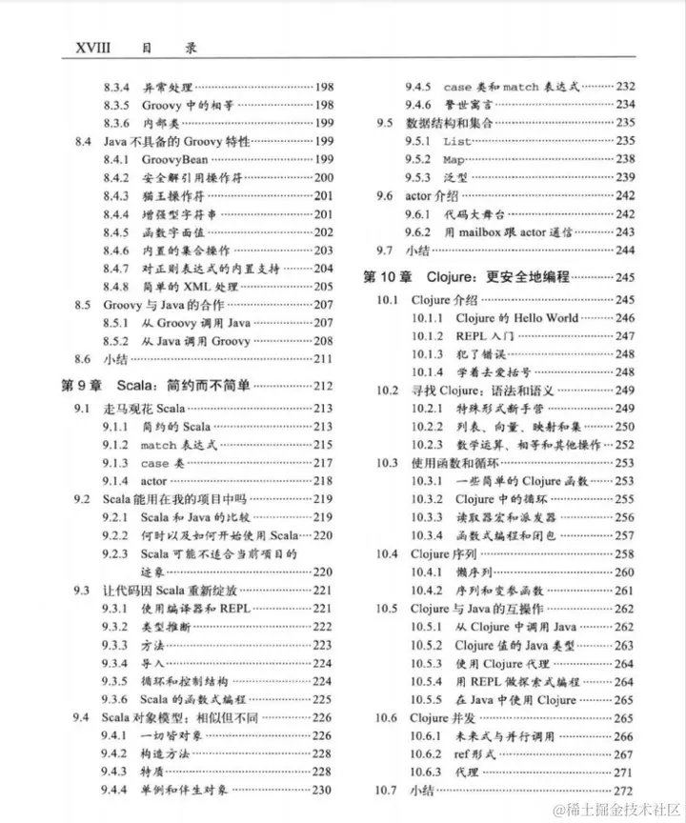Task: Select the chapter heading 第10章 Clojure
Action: pyautogui.click(x=467, y=277)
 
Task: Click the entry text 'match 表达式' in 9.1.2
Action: pyautogui.click(x=178, y=445)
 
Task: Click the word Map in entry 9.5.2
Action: pyautogui.click(x=454, y=159)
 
